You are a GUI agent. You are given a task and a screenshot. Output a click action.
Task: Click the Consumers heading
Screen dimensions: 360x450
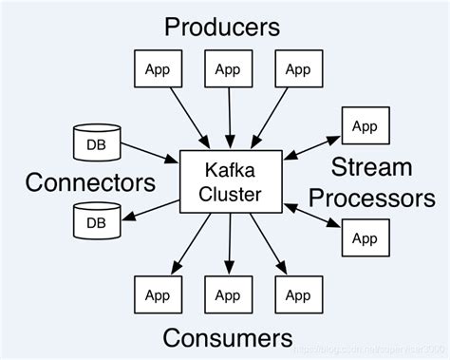point(226,336)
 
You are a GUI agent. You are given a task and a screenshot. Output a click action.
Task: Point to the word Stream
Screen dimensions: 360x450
point(373,169)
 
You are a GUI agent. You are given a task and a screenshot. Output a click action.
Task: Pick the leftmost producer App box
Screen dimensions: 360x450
point(157,68)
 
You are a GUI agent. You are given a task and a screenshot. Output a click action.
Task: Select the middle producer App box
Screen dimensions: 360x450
point(227,68)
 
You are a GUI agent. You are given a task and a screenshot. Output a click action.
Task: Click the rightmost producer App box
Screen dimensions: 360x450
point(297,68)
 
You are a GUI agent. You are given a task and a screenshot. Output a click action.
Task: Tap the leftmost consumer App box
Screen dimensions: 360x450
point(157,294)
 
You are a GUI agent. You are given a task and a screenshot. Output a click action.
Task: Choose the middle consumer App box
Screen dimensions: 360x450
point(227,294)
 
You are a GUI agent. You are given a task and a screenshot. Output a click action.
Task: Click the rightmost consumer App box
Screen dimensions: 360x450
point(297,294)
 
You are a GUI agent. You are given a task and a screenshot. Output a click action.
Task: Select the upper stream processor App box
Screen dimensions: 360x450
point(364,126)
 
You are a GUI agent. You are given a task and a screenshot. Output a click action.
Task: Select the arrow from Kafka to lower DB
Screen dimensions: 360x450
point(150,211)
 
